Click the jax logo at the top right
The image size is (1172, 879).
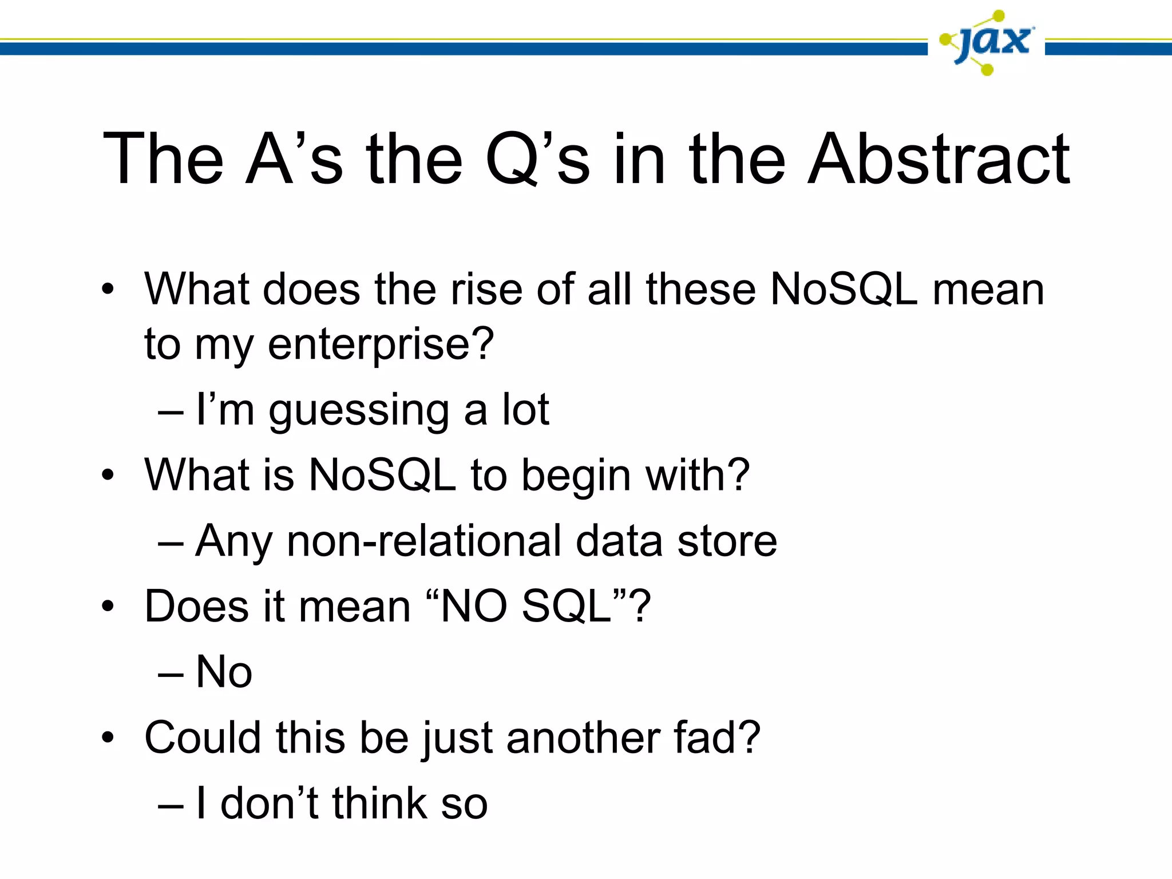pyautogui.click(x=987, y=42)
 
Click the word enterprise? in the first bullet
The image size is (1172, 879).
pyautogui.click(x=381, y=345)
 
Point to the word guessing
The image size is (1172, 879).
pyautogui.click(x=359, y=411)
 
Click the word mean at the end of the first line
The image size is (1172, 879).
pyautogui.click(x=988, y=290)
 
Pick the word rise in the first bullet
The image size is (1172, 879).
pyautogui.click(x=486, y=290)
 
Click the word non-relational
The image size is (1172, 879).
pyautogui.click(x=424, y=541)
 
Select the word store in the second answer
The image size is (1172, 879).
pyautogui.click(x=727, y=541)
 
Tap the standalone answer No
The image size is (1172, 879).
pyautogui.click(x=224, y=672)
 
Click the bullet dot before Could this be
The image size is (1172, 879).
pyautogui.click(x=108, y=738)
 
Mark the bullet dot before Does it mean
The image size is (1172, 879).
pyautogui.click(x=108, y=607)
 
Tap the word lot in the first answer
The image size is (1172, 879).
pyautogui.click(x=525, y=410)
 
